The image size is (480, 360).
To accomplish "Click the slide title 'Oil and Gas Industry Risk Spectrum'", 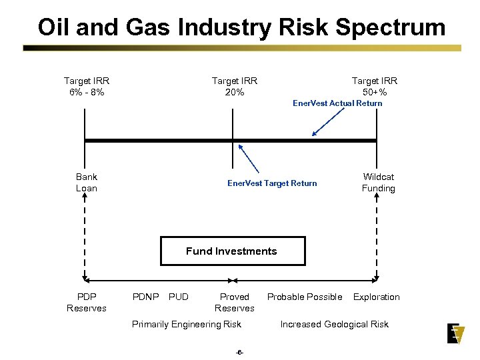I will (x=241, y=27).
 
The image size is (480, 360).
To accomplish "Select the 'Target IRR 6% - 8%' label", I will (x=87, y=86).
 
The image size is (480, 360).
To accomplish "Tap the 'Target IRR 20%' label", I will (x=235, y=86).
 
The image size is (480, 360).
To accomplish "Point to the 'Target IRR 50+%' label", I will (x=375, y=86).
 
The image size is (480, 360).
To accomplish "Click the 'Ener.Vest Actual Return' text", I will (x=337, y=103).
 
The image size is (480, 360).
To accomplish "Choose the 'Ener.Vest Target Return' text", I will (x=272, y=183).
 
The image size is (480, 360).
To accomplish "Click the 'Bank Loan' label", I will (x=87, y=183).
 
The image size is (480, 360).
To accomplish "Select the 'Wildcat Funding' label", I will (x=378, y=183).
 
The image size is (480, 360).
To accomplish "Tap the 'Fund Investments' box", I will (x=232, y=251).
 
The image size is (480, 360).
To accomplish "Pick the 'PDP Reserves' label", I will (x=87, y=302).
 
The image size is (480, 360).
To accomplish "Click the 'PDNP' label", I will (x=145, y=297).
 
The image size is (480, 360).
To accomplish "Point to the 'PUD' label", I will (x=179, y=297).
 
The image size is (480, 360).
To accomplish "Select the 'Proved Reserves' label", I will (x=235, y=302).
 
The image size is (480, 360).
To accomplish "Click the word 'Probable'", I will (x=286, y=297).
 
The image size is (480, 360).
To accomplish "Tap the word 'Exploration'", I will (x=377, y=297).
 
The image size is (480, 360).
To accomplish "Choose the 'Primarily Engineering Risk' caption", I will (x=187, y=325).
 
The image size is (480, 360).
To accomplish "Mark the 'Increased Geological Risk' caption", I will (x=334, y=325).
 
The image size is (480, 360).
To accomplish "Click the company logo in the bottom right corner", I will (x=456, y=333).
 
